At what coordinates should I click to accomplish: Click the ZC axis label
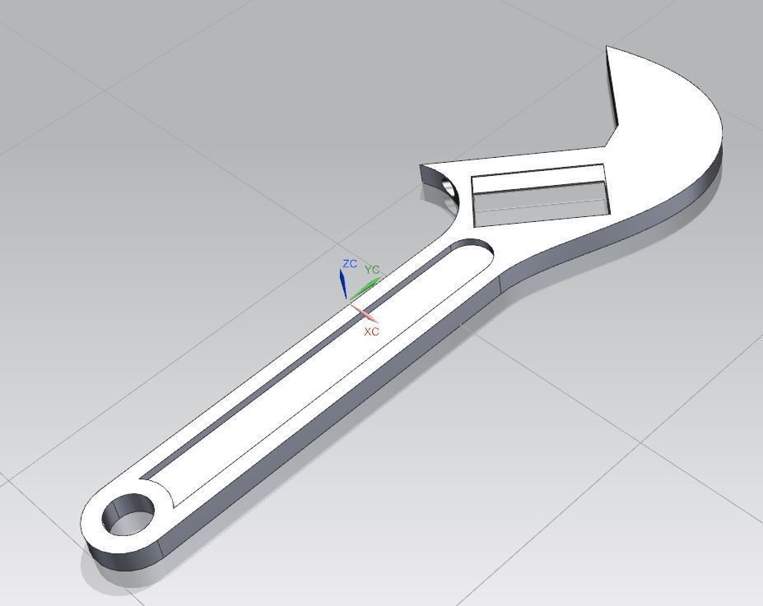[350, 264]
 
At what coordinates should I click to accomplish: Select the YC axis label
[372, 270]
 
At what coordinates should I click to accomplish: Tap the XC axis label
[371, 331]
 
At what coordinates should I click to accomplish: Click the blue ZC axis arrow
[343, 284]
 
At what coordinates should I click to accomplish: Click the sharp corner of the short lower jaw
[421, 166]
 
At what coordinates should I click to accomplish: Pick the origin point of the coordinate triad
[351, 302]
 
